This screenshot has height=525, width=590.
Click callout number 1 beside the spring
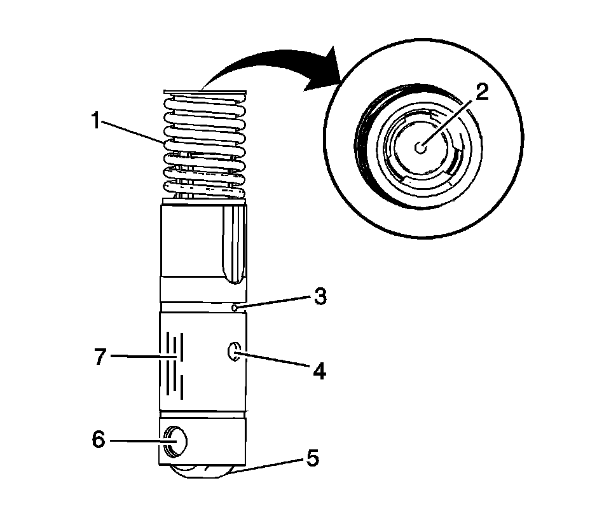pos(96,120)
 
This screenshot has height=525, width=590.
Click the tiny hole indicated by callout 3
pos(235,308)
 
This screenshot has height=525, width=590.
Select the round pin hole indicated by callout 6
pos(175,440)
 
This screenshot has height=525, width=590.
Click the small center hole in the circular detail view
pos(420,147)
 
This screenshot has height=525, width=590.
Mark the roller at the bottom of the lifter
pos(202,471)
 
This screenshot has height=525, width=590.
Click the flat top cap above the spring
pos(203,91)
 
